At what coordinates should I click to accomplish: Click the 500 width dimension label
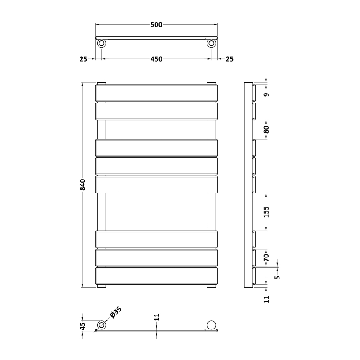[156, 25]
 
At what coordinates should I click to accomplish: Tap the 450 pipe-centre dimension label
[156, 59]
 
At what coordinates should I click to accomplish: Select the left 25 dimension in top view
[83, 59]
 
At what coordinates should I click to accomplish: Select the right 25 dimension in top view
[229, 59]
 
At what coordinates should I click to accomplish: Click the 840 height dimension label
[82, 184]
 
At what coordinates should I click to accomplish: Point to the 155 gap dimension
[266, 212]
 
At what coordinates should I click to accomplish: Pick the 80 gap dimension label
[266, 130]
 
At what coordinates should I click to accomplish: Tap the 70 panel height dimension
[266, 257]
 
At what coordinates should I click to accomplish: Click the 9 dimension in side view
[266, 94]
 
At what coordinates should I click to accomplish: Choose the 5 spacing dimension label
[278, 277]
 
